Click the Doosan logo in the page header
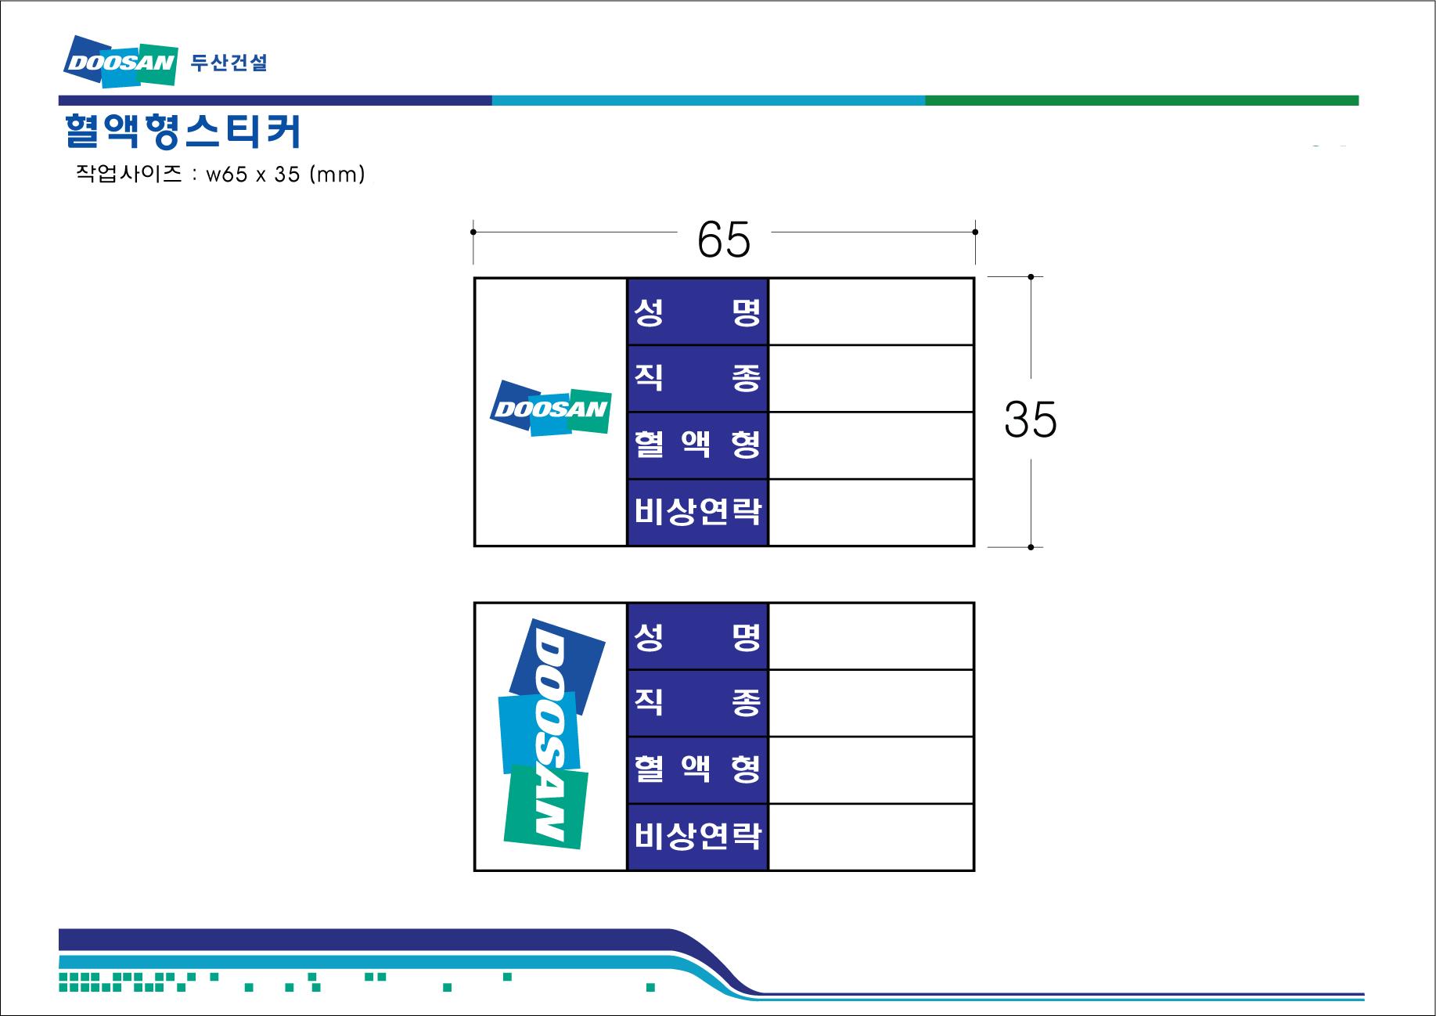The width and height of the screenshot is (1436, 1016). (x=120, y=61)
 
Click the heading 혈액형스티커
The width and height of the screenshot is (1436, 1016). (x=182, y=132)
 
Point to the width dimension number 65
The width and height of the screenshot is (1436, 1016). (x=724, y=240)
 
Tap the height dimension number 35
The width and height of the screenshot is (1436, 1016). (x=1030, y=420)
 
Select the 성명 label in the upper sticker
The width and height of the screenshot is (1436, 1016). (x=697, y=312)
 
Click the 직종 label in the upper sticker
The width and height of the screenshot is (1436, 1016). (x=697, y=379)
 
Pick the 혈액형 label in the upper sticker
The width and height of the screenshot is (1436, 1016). (x=697, y=445)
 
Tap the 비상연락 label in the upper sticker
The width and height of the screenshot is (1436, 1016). (x=697, y=512)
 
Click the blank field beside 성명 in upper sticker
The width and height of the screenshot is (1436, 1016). (x=871, y=312)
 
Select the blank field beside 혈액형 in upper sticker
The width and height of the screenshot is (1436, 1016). (x=871, y=445)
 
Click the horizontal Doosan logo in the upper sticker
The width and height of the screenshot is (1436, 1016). (x=550, y=409)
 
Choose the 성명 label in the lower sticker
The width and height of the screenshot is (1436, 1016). (x=697, y=636)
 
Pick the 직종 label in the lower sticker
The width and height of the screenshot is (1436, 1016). (x=697, y=703)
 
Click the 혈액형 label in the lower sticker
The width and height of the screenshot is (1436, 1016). (x=697, y=769)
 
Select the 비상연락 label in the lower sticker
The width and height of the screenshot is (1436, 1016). (x=697, y=837)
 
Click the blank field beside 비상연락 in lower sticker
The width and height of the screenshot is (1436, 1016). (x=871, y=837)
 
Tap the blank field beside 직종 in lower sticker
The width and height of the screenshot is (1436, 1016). (x=871, y=703)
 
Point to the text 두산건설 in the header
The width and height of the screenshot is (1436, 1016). (x=229, y=63)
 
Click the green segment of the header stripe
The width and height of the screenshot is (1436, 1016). (x=1141, y=100)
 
